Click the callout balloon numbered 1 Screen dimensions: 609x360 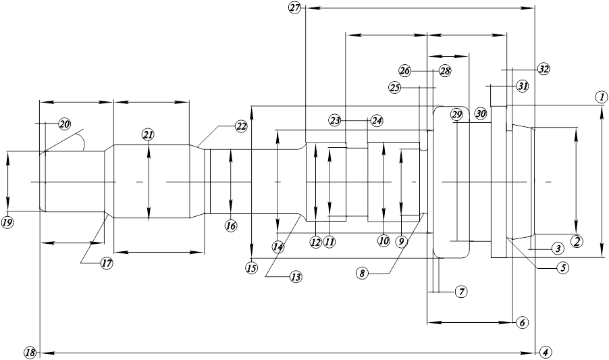click(x=601, y=97)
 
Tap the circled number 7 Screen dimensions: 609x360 click(x=461, y=292)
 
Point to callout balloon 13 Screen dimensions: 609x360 click(x=296, y=277)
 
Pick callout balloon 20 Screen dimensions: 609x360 click(x=64, y=124)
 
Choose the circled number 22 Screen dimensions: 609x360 click(x=241, y=126)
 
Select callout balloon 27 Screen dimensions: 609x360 click(x=295, y=7)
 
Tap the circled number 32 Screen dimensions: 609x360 click(x=544, y=69)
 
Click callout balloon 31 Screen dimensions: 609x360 click(x=523, y=86)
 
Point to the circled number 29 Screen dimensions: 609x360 click(x=457, y=115)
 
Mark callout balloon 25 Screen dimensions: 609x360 click(x=394, y=88)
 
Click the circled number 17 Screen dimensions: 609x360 click(x=107, y=263)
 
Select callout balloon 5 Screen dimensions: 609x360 click(x=562, y=267)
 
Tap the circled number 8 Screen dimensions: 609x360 click(x=362, y=274)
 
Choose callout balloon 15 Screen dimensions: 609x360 click(x=252, y=267)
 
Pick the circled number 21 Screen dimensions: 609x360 click(x=148, y=135)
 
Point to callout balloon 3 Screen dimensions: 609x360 click(x=557, y=248)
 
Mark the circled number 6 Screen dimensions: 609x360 click(x=523, y=322)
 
